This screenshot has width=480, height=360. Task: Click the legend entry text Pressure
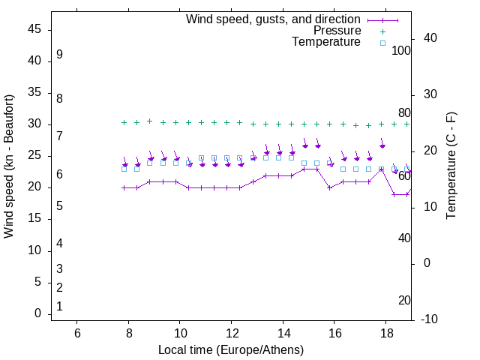[337, 31]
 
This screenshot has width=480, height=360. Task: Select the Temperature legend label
[326, 43]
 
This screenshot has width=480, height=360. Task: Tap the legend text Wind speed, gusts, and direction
[273, 19]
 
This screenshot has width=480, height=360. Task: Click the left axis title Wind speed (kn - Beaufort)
[9, 166]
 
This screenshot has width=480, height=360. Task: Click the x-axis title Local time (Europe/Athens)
[231, 350]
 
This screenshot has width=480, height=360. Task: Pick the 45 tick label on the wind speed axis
[35, 29]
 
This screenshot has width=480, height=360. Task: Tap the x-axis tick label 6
[77, 332]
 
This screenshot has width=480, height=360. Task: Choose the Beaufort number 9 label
[59, 55]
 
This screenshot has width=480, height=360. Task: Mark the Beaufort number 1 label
[59, 306]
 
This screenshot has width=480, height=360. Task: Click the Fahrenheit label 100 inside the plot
[401, 50]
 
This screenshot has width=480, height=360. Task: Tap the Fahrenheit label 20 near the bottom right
[404, 300]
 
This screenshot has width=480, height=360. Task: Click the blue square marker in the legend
[382, 43]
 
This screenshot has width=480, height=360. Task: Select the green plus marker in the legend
[382, 31]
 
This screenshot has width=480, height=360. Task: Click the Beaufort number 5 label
[59, 205]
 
